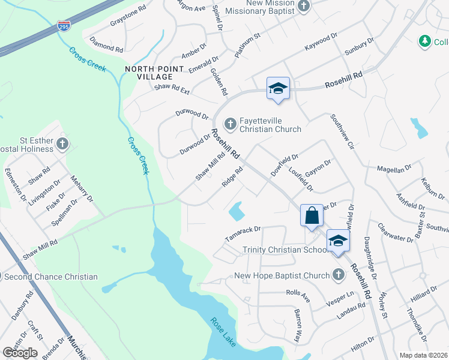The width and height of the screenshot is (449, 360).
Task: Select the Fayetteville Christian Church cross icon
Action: click(x=229, y=124)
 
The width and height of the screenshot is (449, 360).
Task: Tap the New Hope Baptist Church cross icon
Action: click(x=338, y=275)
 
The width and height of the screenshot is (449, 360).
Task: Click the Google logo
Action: click(x=20, y=352)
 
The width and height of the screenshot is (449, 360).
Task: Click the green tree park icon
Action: click(x=425, y=41)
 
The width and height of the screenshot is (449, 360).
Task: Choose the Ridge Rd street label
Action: click(x=232, y=176)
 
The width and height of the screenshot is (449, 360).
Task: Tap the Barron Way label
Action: click(x=297, y=325)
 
